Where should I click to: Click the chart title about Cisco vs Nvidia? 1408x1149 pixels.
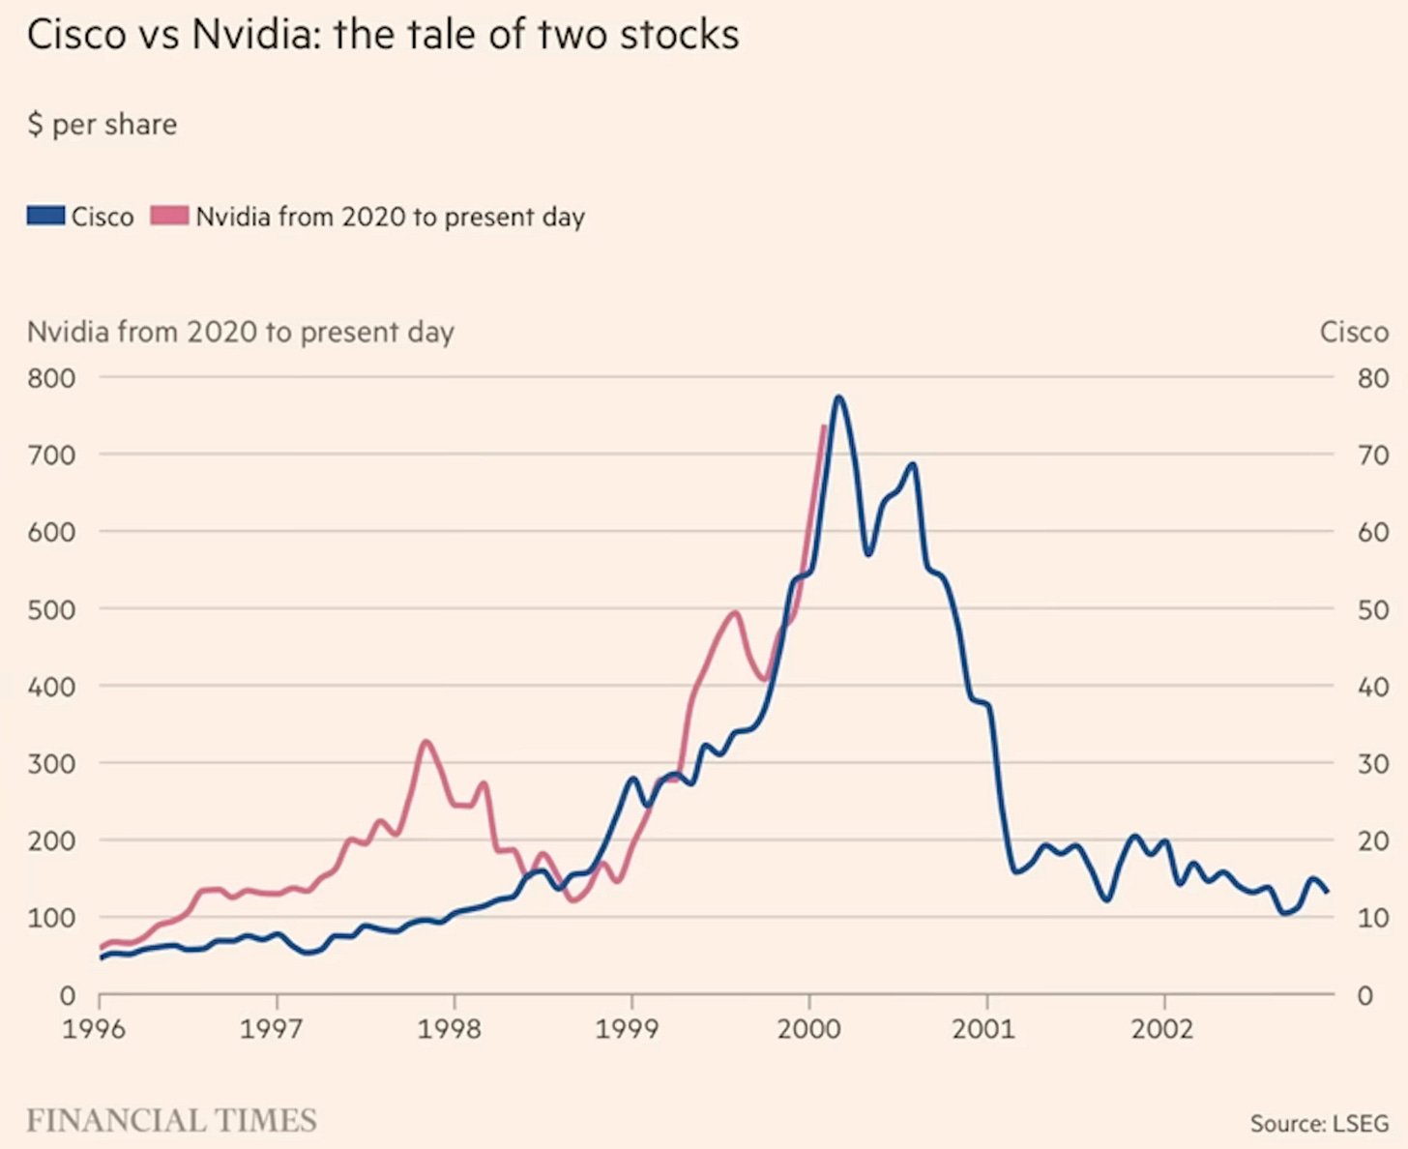[383, 35]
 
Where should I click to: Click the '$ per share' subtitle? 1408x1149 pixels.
[103, 125]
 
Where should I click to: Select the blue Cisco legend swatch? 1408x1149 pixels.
[45, 215]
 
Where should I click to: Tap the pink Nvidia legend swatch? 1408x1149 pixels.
[168, 215]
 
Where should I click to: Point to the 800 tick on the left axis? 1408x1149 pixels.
[51, 377]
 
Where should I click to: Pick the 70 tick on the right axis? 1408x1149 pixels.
[1373, 455]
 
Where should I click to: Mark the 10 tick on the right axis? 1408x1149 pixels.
[1373, 917]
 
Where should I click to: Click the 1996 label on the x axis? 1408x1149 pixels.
[94, 1028]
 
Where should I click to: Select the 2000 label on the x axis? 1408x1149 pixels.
[808, 1028]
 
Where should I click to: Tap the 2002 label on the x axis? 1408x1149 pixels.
[1163, 1028]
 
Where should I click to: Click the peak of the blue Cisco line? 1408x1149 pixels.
[838, 398]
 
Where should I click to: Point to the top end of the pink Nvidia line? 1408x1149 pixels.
[823, 427]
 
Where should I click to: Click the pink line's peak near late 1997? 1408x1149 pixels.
[426, 742]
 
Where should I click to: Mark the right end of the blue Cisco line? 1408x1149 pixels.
[1327, 892]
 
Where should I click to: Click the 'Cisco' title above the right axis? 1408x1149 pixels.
[1354, 332]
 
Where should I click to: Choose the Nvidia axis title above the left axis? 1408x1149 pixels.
[241, 332]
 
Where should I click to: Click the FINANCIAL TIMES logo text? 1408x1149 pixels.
[171, 1120]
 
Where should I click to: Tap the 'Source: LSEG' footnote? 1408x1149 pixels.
[1319, 1123]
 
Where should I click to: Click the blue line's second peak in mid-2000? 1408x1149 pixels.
[911, 464]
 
